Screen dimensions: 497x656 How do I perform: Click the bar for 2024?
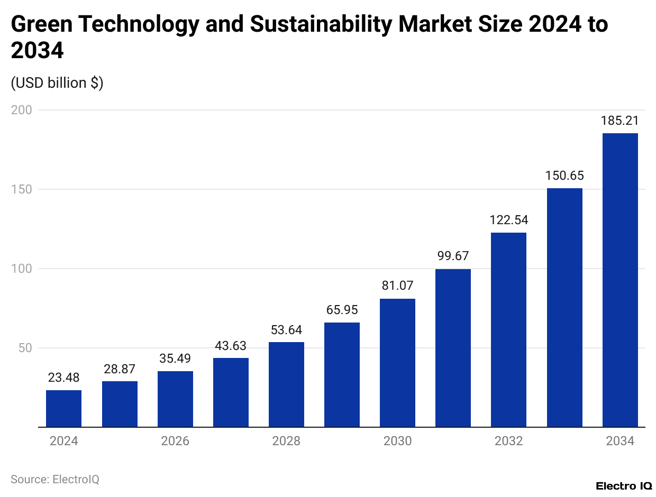pos(63,408)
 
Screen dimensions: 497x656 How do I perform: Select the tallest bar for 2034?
pos(620,280)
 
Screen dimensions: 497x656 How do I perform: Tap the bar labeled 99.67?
pos(453,348)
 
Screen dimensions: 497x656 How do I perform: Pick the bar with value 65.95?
pos(342,374)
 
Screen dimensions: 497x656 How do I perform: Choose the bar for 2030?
pos(397,363)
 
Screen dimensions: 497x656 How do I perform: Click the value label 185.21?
pos(620,121)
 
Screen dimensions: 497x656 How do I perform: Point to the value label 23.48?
pos(63,378)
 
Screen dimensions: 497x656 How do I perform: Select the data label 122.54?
pos(508,220)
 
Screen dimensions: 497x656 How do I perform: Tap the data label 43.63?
pos(230,346)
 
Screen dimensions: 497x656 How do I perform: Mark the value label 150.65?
pos(564,176)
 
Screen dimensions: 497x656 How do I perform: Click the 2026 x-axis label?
pos(175,441)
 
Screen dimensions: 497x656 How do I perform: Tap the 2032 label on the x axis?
pos(508,441)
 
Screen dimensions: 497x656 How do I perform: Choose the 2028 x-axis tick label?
pos(286,441)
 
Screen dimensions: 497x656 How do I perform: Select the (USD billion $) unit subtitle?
pos(57,83)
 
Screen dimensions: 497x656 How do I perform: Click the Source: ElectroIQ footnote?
pos(55,479)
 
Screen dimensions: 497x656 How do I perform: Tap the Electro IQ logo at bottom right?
pos(623,485)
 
